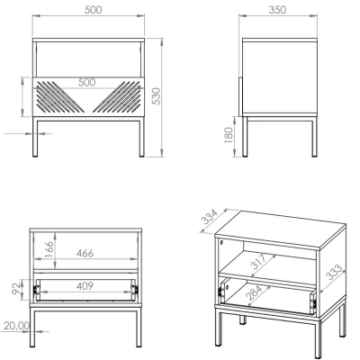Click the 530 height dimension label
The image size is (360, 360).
(x=157, y=96)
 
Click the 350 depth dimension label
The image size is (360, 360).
(x=277, y=10)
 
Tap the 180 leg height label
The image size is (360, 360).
(x=229, y=135)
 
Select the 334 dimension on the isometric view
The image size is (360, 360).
(x=210, y=217)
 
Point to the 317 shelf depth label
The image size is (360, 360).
(x=259, y=261)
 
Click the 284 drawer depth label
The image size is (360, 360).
(x=255, y=292)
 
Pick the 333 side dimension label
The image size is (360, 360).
(x=334, y=272)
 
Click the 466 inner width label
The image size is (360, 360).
(x=85, y=253)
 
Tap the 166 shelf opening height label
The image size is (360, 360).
(x=49, y=249)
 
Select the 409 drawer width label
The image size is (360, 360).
(x=85, y=286)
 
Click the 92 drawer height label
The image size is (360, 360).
(x=16, y=287)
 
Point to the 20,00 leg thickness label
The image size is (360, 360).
(x=17, y=326)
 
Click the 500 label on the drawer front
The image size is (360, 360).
(x=86, y=82)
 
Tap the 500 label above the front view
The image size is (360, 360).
(x=93, y=10)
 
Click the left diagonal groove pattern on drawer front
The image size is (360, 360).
(x=60, y=96)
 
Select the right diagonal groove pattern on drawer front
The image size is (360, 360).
(x=116, y=96)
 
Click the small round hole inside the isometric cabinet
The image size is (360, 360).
(x=221, y=242)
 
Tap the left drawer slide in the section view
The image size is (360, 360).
(x=35, y=290)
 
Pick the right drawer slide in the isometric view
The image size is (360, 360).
(x=313, y=303)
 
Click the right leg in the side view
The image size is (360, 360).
(x=314, y=137)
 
